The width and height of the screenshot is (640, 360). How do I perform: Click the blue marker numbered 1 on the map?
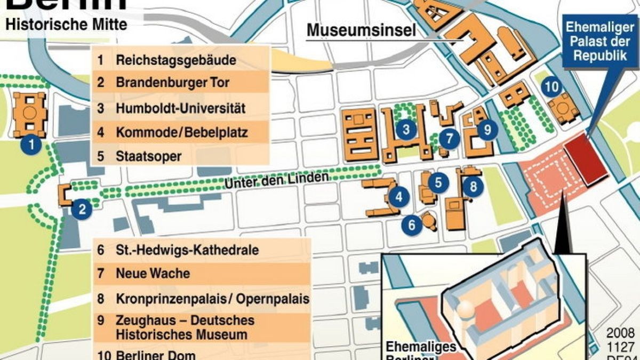pos(31,144)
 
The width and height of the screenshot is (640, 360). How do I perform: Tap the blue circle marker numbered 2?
pos(82,209)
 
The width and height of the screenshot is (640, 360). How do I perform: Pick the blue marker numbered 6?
pos(412,225)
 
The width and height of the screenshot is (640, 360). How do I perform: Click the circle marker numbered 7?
pos(450,139)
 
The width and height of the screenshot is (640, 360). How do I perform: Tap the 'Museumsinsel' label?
pos(361,31)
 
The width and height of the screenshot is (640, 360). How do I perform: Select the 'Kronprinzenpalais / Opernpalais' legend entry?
pos(212,298)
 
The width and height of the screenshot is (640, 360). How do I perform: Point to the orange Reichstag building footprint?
pos(30,114)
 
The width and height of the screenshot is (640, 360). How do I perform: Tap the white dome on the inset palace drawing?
pos(467,308)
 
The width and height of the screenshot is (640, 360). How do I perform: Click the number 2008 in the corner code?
pos(620,332)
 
